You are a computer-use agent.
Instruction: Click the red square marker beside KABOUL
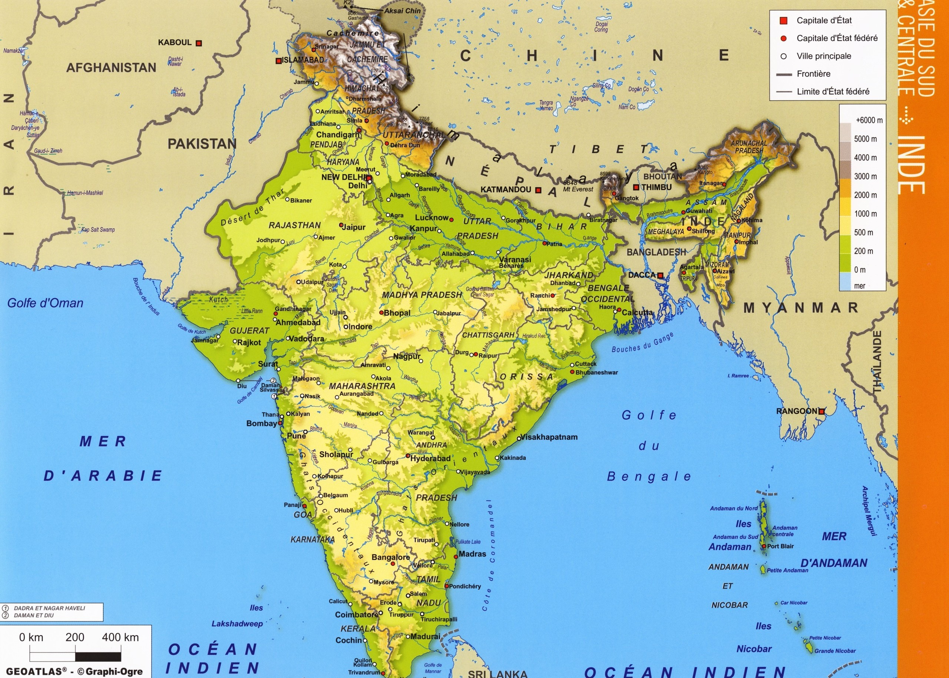199,43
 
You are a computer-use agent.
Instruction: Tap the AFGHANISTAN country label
111,68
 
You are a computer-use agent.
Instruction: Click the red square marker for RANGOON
821,411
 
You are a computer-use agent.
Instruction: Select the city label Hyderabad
430,458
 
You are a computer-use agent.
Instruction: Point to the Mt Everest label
578,189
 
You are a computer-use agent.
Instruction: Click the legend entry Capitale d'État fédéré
837,38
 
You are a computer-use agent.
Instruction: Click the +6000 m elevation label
869,120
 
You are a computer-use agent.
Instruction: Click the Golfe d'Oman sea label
45,303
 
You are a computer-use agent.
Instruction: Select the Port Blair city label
780,546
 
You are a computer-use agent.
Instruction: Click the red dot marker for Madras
456,556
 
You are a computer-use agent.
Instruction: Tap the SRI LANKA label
497,673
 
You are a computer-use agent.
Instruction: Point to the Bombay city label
261,423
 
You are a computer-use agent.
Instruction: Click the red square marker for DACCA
660,276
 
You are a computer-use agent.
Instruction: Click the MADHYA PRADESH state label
422,295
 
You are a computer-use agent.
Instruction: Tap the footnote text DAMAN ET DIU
34,615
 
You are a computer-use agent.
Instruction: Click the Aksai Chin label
402,11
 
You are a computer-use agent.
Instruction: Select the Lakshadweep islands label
237,624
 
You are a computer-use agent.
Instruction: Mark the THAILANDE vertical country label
877,362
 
